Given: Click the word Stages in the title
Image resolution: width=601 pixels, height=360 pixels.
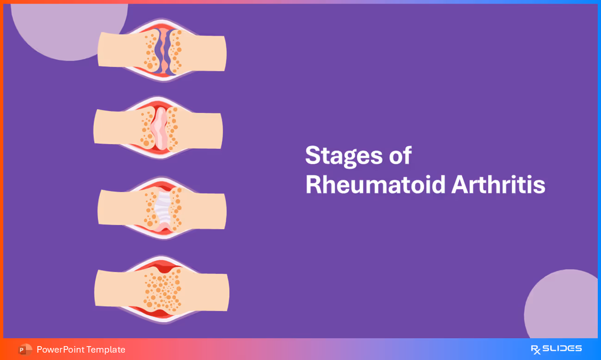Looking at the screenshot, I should pos(343,156).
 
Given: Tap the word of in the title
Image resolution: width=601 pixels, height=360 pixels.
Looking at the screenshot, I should pos(400,156).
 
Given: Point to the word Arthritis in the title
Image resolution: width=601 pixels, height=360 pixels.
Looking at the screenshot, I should pos(498,185).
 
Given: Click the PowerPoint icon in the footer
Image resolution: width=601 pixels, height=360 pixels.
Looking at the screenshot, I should pos(25,350).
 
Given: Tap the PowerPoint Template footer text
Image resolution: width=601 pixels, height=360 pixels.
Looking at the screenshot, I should pos(81,350).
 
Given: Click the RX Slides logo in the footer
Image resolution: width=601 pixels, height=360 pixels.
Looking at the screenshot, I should pos(556,349).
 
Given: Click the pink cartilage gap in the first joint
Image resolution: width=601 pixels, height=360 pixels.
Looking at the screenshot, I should pos(164,51).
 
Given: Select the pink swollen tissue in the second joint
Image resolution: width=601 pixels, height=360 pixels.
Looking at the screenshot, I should pos(160,129).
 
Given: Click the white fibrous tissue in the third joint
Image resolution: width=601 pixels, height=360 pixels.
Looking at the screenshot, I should pos(162,208).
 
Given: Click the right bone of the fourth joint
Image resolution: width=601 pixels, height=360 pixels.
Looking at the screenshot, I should pos(208,292).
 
